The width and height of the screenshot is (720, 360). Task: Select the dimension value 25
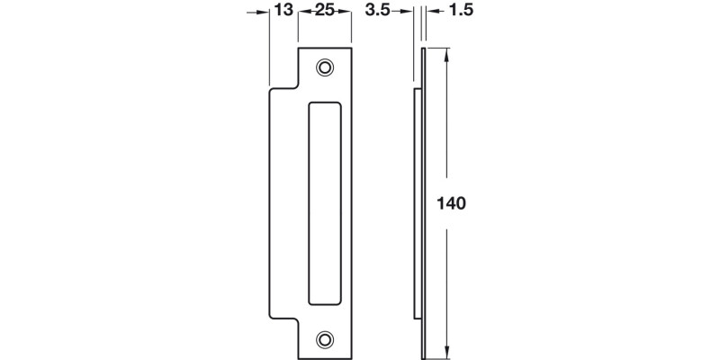click(324, 10)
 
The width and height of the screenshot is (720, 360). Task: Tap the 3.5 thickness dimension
click(378, 10)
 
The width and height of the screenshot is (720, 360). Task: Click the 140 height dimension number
click(450, 203)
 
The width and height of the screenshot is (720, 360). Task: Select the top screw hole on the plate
click(324, 68)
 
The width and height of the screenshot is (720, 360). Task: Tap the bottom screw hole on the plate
click(324, 338)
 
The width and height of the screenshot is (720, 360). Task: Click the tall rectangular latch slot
click(324, 203)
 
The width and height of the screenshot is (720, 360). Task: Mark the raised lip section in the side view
click(417, 203)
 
